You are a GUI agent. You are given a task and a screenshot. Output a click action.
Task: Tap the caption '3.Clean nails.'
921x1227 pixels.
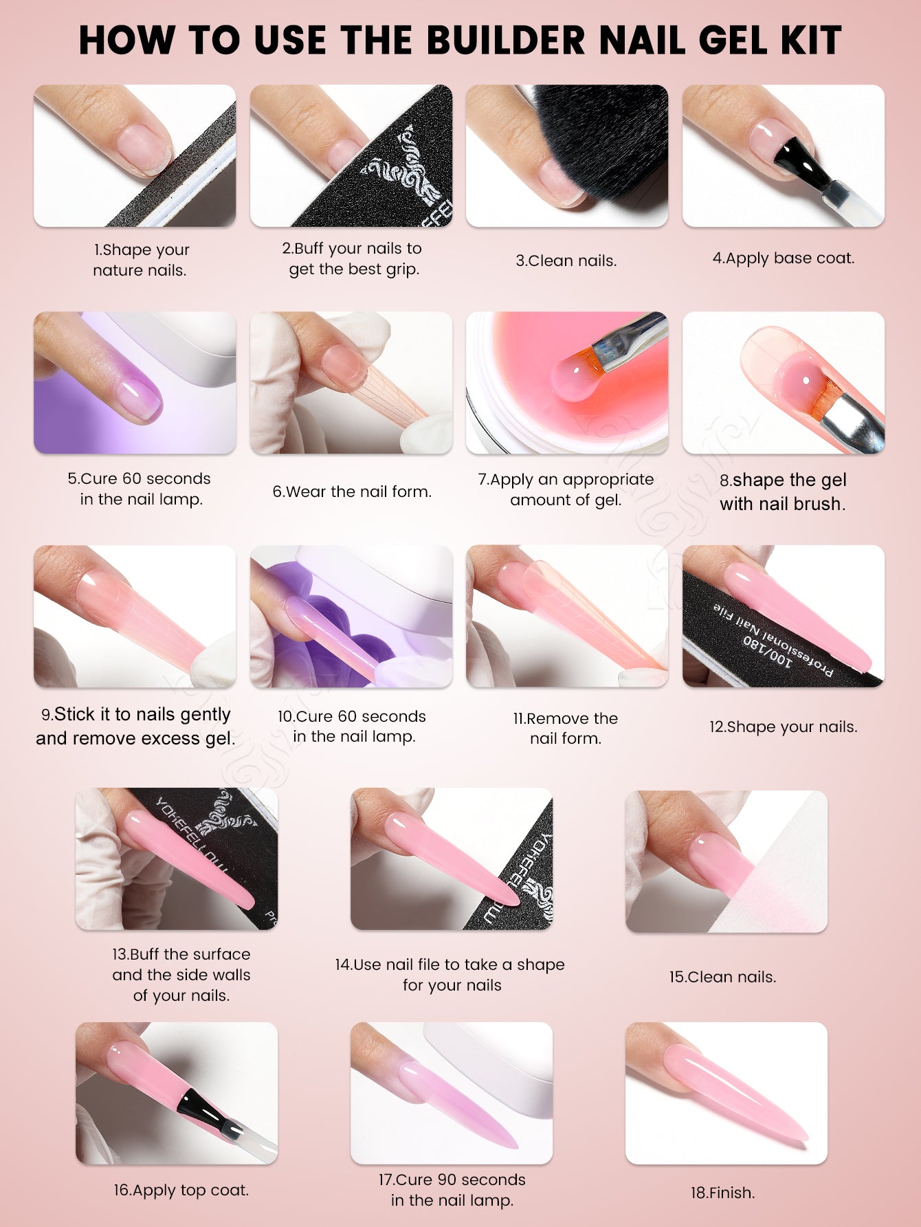(566, 261)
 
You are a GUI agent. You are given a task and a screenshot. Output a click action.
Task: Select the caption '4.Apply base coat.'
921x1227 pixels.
(784, 258)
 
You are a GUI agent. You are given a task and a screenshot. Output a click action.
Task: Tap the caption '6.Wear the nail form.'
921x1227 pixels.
(352, 491)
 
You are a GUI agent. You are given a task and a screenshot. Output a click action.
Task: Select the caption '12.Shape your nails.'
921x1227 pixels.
(784, 727)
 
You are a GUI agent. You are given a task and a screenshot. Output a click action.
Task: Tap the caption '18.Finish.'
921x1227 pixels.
(723, 1193)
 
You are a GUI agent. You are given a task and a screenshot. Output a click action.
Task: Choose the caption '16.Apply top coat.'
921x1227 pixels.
(181, 1190)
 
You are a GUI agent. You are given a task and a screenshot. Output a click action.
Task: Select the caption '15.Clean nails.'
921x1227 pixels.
(723, 977)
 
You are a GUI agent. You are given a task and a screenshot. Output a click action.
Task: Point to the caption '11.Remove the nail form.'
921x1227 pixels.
(566, 728)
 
